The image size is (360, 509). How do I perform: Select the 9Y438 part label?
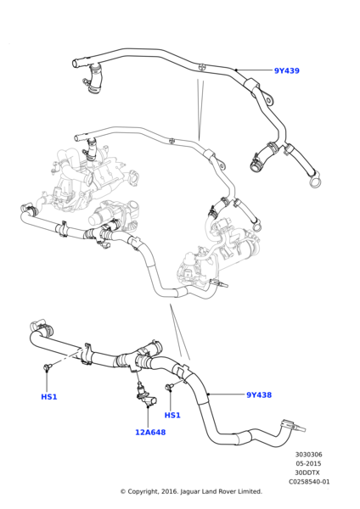click(259, 395)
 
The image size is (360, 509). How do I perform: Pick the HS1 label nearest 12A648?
click(172, 416)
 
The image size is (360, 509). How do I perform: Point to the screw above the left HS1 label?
click(48, 367)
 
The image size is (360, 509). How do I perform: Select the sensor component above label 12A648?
click(143, 394)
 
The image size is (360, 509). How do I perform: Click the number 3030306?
click(308, 455)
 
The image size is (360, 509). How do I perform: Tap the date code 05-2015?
click(308, 464)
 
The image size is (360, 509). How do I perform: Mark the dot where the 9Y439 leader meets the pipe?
click(236, 70)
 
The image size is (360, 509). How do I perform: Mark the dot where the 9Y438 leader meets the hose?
click(208, 394)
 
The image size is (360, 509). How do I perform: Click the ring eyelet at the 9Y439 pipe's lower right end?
click(315, 180)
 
